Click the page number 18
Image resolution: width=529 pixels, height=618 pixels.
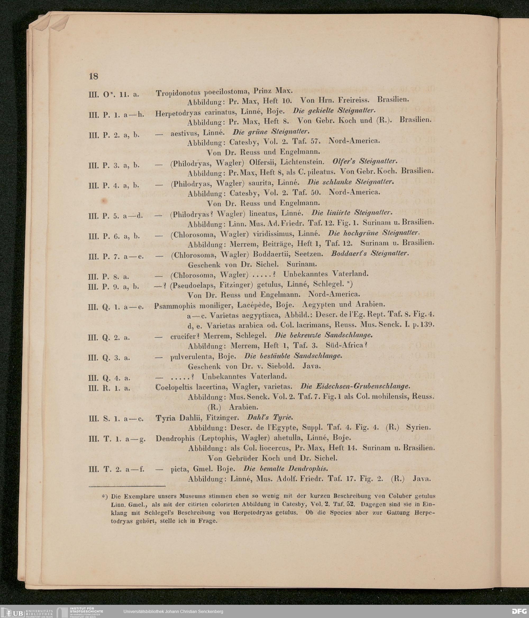(x=93, y=76)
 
